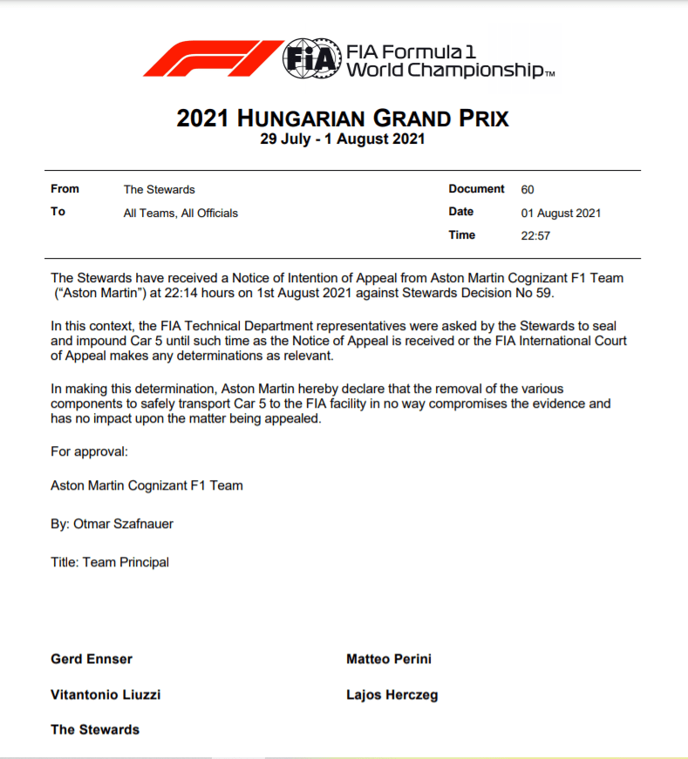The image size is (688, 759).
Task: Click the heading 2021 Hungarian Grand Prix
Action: [343, 119]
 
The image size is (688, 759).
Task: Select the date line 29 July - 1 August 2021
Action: [343, 139]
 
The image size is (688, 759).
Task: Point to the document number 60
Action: [527, 189]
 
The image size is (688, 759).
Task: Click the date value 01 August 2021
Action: [561, 213]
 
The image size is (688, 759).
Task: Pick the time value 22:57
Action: [535, 235]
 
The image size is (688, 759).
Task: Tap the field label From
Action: [65, 189]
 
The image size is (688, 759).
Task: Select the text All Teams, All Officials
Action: [181, 213]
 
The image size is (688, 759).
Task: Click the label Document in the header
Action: [476, 189]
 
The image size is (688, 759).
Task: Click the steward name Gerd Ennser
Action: [92, 659]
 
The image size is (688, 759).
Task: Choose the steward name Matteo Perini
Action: [388, 659]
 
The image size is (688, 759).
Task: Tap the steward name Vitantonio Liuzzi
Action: [106, 695]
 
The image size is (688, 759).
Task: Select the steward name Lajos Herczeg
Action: [392, 695]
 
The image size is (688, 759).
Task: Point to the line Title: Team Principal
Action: [110, 562]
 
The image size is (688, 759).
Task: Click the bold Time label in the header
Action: [461, 235]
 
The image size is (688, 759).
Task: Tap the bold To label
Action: [58, 212]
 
